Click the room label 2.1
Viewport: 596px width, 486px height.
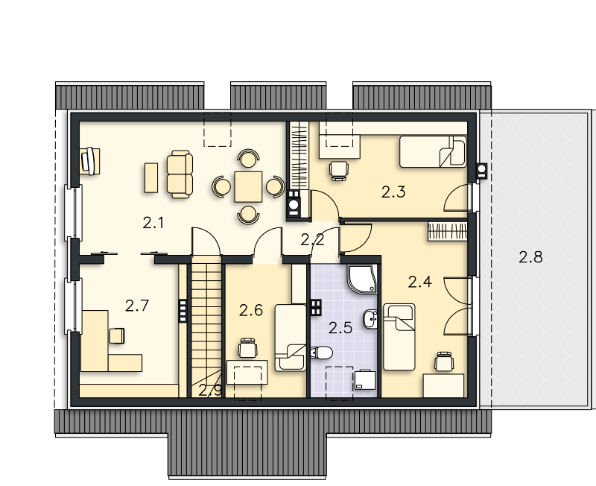[x=153, y=223]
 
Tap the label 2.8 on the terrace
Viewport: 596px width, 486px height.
[x=530, y=257]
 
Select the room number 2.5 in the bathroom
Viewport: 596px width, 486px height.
[x=340, y=328]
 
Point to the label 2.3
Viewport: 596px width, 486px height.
[x=393, y=192]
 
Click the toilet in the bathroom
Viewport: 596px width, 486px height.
[x=322, y=353]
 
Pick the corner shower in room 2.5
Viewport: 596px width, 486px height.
[x=362, y=280]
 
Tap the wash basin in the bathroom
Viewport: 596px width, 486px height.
[x=370, y=319]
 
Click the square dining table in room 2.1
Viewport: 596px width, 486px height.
[x=248, y=186]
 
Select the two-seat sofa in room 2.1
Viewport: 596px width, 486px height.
[x=180, y=174]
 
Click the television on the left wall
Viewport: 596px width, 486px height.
[x=89, y=161]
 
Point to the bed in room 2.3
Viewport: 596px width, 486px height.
[x=433, y=151]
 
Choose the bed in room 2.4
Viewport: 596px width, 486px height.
[x=399, y=337]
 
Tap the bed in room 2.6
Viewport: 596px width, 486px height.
[x=291, y=338]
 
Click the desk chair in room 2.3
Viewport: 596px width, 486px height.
[x=339, y=171]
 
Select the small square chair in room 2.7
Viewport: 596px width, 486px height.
[x=117, y=335]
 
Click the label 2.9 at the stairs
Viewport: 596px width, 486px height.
[x=210, y=390]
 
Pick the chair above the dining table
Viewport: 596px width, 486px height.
[x=249, y=159]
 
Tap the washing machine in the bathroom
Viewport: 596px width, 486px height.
[x=365, y=380]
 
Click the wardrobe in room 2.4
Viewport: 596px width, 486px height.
[x=448, y=232]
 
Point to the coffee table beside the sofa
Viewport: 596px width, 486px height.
[x=151, y=177]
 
